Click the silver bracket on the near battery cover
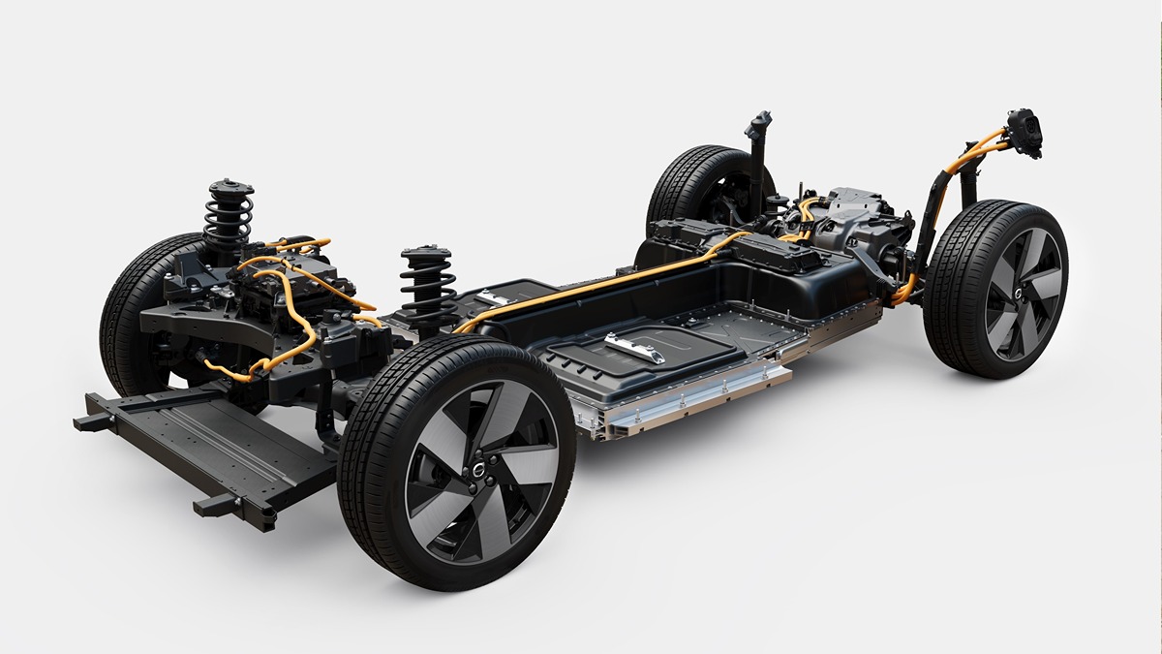(634, 347)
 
